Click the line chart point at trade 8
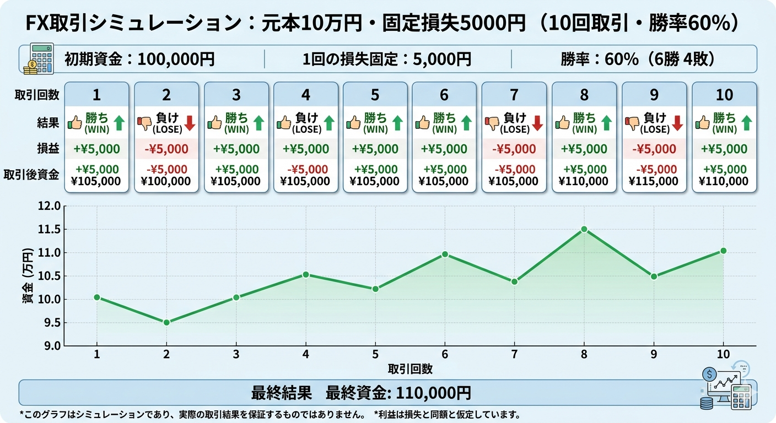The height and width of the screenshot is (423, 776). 584,229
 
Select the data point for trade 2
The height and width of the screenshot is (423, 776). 166,323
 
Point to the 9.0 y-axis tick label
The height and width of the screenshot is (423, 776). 50,346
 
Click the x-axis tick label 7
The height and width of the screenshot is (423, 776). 514,354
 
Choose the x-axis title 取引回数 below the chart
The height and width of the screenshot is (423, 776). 410,368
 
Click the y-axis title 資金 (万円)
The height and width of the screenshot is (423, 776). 28,275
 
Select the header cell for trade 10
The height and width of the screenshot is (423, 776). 724,95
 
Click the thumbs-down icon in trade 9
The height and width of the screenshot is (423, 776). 632,122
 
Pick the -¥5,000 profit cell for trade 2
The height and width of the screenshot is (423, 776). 166,149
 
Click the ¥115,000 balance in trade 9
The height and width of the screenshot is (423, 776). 654,181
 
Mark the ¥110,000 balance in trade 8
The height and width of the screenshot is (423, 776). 584,181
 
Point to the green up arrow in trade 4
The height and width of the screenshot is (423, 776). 329,122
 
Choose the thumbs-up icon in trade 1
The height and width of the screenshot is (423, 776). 74,122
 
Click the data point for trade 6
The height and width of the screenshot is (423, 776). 445,254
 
